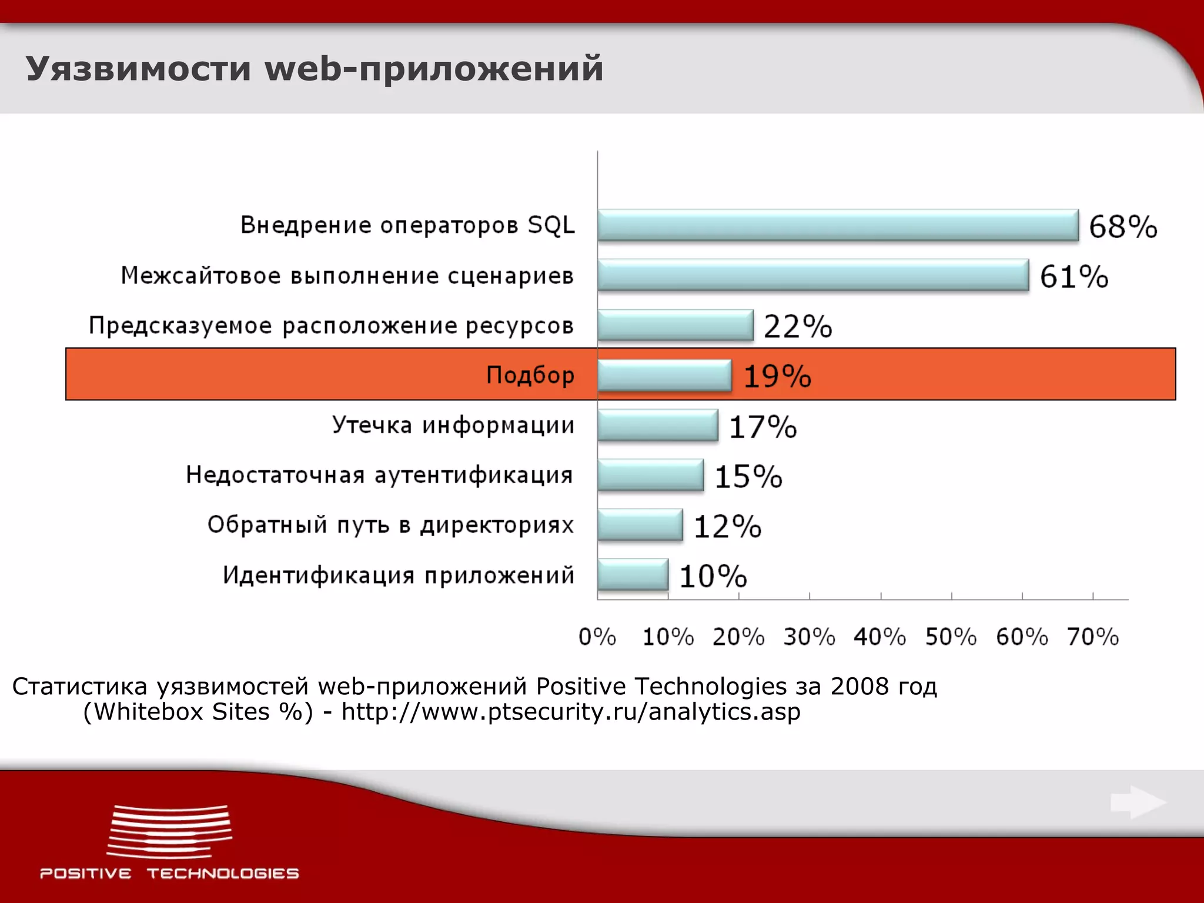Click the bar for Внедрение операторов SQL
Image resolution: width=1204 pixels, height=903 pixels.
[x=838, y=225]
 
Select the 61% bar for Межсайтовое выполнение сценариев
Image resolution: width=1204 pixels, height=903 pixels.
[x=813, y=275]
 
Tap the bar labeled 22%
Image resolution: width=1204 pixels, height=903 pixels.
[x=675, y=325]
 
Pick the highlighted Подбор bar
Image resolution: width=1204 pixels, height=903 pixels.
[x=664, y=375]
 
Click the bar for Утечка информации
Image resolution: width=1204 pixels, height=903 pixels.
[x=657, y=425]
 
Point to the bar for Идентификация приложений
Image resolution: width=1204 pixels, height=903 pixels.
[x=633, y=574]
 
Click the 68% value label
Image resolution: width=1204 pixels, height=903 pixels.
[x=1123, y=227]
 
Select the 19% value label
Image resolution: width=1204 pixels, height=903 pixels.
[x=777, y=376]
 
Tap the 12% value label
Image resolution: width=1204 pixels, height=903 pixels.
[x=727, y=526]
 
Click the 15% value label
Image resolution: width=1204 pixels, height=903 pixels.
[x=748, y=476]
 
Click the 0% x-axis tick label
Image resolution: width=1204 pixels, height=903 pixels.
[x=597, y=637]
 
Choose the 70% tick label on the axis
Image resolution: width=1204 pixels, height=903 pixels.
[x=1093, y=637]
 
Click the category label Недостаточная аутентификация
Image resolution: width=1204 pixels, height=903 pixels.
[x=379, y=475]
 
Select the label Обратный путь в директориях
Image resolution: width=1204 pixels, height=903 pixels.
[x=390, y=525]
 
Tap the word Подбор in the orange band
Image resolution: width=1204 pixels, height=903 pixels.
[x=530, y=375]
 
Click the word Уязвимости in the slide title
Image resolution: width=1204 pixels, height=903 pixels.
[x=139, y=68]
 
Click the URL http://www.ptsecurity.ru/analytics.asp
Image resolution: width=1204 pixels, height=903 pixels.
[x=571, y=712]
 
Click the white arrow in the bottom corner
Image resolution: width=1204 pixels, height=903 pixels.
[x=1138, y=802]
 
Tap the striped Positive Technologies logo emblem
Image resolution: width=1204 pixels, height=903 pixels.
[x=169, y=832]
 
